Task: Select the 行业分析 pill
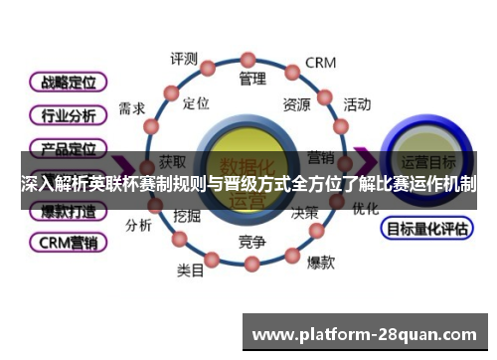pos(68,115)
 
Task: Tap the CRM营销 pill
pos(68,242)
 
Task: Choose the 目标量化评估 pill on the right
pos(427,229)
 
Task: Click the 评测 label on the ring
pos(184,59)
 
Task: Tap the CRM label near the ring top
pos(320,63)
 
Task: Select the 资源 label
pos(296,103)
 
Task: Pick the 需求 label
pos(131,108)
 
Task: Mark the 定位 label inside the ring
pos(196,103)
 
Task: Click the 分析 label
pos(138,225)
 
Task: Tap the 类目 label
pos(190,270)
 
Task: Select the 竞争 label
pos(252,242)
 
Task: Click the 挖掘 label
pos(187,215)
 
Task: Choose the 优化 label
pos(365,209)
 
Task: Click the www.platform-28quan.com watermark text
pos(366,333)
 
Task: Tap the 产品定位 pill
pos(68,149)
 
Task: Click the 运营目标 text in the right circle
pos(428,161)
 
